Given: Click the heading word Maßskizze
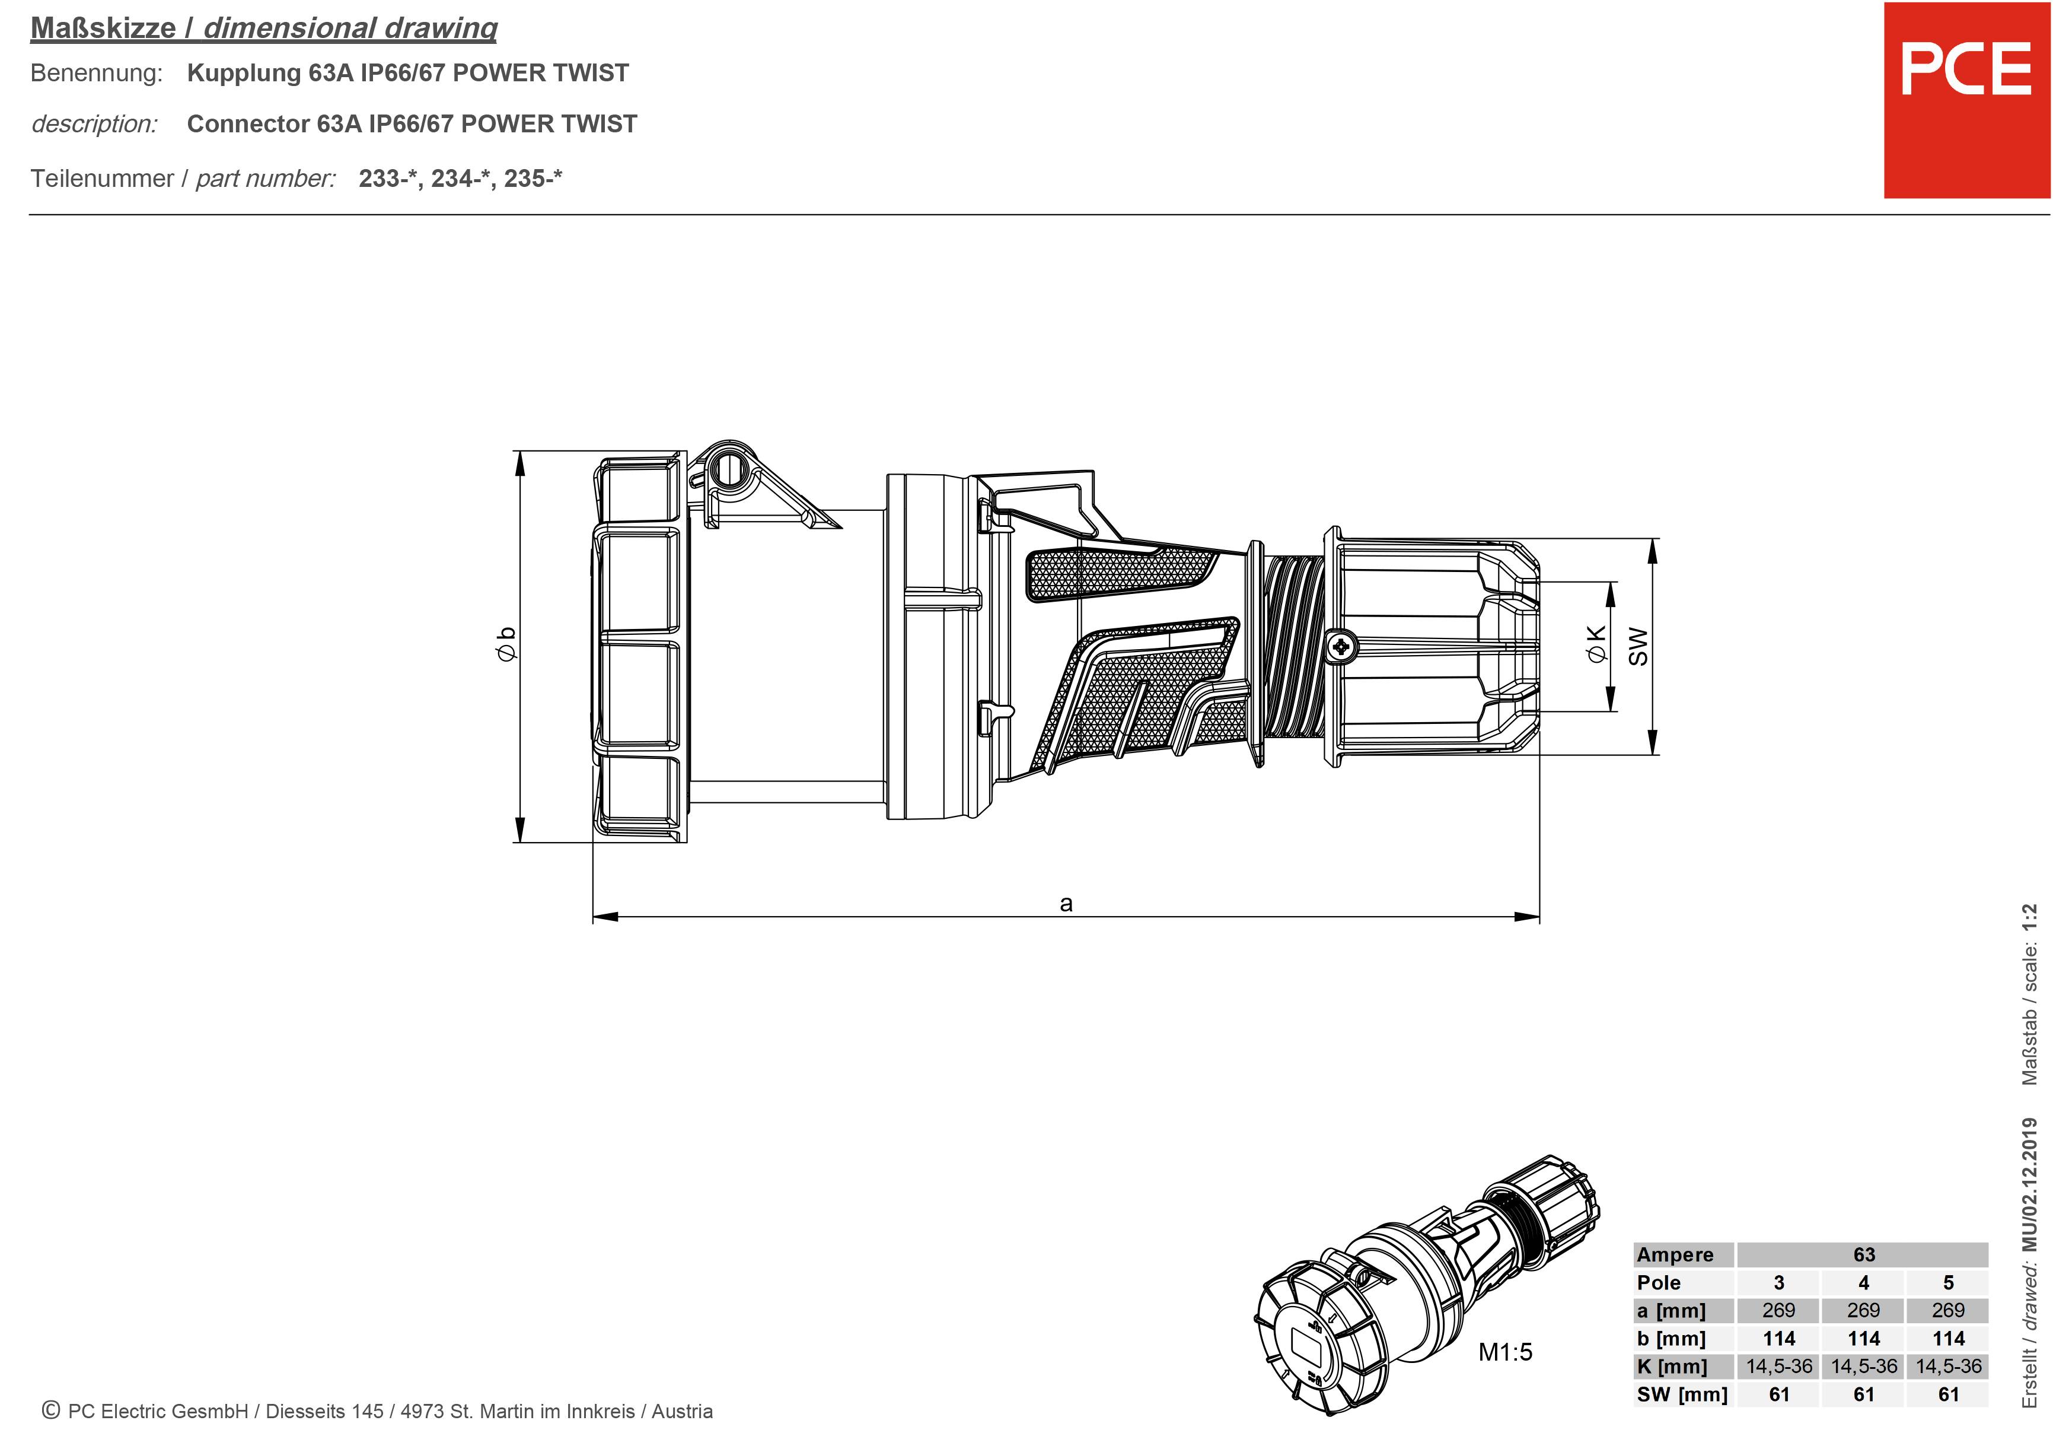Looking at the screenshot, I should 103,28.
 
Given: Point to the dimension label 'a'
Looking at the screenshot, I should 1066,904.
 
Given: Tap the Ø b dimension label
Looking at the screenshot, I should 506,644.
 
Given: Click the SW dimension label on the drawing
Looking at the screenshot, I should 1637,646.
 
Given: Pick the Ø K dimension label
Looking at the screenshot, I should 1596,644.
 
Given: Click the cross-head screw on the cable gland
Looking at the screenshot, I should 1340,646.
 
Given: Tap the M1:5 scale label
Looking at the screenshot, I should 1505,1352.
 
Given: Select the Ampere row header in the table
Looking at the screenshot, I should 1675,1255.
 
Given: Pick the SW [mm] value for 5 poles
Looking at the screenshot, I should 1949,1394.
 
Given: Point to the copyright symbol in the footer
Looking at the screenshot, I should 51,1410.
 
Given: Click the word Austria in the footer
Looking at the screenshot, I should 682,1412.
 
